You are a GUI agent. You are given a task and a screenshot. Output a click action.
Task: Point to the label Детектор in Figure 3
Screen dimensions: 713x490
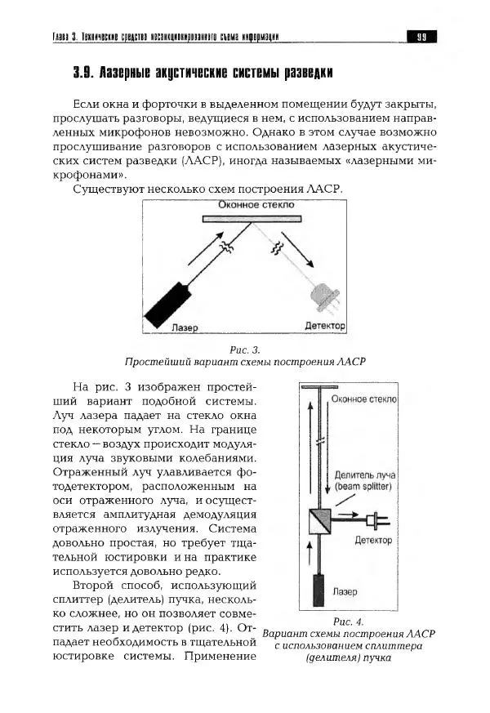[324, 326]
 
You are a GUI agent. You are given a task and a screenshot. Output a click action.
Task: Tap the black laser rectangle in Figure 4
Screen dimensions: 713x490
[320, 588]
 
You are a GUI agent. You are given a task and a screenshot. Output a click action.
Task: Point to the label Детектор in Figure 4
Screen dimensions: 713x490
[372, 540]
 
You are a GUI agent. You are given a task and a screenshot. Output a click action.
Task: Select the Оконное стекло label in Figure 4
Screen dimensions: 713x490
[364, 399]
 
